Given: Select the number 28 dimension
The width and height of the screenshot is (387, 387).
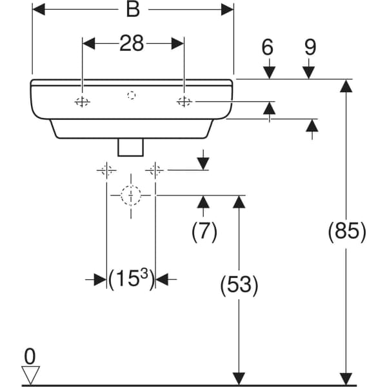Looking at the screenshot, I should click(133, 43).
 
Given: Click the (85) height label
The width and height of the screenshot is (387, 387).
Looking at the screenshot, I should click(347, 231).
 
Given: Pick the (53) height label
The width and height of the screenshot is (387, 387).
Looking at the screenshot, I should click(239, 284).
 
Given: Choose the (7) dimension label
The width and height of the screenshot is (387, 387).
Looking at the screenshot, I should click(204, 231).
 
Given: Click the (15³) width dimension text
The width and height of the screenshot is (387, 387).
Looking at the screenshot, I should click(131, 279).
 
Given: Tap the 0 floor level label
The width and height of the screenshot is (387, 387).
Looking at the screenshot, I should click(30, 355).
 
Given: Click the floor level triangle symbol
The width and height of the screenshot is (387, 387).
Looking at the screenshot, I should click(30, 375).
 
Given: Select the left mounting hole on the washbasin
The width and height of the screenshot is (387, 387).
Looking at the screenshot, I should click(82, 101).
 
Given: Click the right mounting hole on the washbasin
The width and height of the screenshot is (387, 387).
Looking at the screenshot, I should click(184, 101).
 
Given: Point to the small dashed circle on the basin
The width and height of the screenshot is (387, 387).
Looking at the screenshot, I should click(132, 95).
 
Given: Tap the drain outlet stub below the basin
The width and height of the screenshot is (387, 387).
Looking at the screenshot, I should click(131, 147).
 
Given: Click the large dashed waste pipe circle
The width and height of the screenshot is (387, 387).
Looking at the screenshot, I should click(131, 195).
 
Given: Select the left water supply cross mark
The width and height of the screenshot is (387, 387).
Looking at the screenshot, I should click(106, 170).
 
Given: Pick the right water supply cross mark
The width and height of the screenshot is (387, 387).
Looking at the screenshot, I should click(154, 170).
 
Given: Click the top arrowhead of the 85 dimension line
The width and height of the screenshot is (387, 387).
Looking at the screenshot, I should click(346, 86).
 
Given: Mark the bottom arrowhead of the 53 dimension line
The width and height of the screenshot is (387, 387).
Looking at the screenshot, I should click(239, 379).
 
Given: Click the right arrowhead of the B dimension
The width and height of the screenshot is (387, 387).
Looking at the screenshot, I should click(227, 9).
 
